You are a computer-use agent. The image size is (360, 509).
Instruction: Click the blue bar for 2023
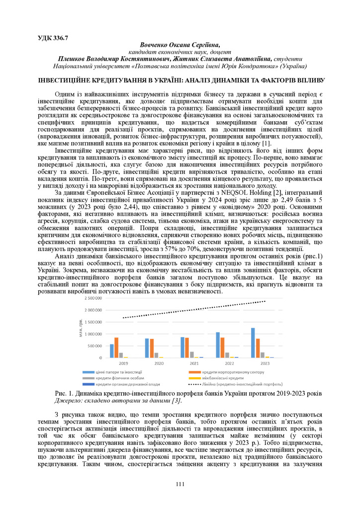click(253, 343)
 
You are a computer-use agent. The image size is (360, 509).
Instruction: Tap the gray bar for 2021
click(191, 354)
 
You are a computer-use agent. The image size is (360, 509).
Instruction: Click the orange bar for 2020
click(151, 348)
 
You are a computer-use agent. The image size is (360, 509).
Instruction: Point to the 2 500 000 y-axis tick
click(93, 298)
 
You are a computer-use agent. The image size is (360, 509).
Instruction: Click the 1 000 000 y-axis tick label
click(93, 334)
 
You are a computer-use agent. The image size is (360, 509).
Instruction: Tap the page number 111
click(180, 484)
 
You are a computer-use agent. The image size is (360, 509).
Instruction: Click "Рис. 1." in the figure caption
click(64, 394)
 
